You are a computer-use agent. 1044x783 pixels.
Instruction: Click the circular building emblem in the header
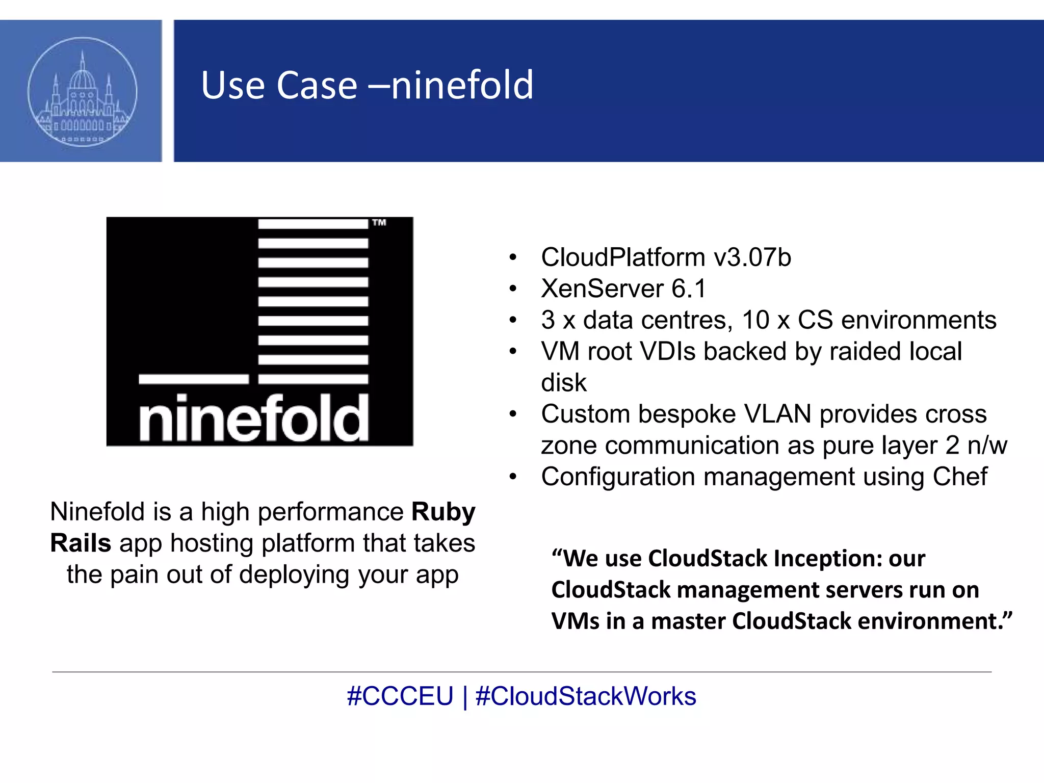coord(82,92)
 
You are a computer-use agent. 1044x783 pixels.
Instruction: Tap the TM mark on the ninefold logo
coord(379,223)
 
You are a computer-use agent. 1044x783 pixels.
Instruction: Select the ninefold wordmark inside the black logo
coord(253,418)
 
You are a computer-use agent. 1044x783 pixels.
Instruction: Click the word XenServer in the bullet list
coord(602,289)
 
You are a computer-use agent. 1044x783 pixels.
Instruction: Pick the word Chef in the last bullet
coord(959,477)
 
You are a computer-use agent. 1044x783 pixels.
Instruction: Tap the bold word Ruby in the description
coord(443,512)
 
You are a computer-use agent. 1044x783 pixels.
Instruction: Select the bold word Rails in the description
coord(81,543)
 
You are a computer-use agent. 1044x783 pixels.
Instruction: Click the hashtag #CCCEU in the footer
coord(400,696)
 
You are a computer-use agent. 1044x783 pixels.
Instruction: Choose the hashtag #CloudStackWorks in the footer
coord(585,696)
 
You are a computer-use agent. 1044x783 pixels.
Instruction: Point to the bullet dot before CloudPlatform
coord(513,257)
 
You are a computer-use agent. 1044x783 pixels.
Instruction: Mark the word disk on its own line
coord(563,383)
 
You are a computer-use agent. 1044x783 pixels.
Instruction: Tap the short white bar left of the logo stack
coord(194,379)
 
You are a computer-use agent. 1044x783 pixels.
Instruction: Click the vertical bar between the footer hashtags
coord(465,696)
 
